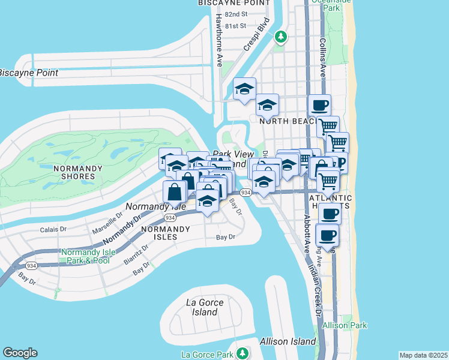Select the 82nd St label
click(x=237, y=14)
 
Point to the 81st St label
click(x=237, y=26)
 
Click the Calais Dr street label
click(x=53, y=229)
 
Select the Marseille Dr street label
click(x=107, y=226)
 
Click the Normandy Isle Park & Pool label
click(x=85, y=256)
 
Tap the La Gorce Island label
click(x=202, y=307)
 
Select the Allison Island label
click(x=288, y=341)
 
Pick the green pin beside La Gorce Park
click(x=242, y=353)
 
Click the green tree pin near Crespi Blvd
click(x=280, y=37)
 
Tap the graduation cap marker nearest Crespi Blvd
click(x=244, y=89)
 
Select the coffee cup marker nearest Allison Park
click(x=328, y=235)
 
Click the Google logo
click(x=20, y=353)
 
